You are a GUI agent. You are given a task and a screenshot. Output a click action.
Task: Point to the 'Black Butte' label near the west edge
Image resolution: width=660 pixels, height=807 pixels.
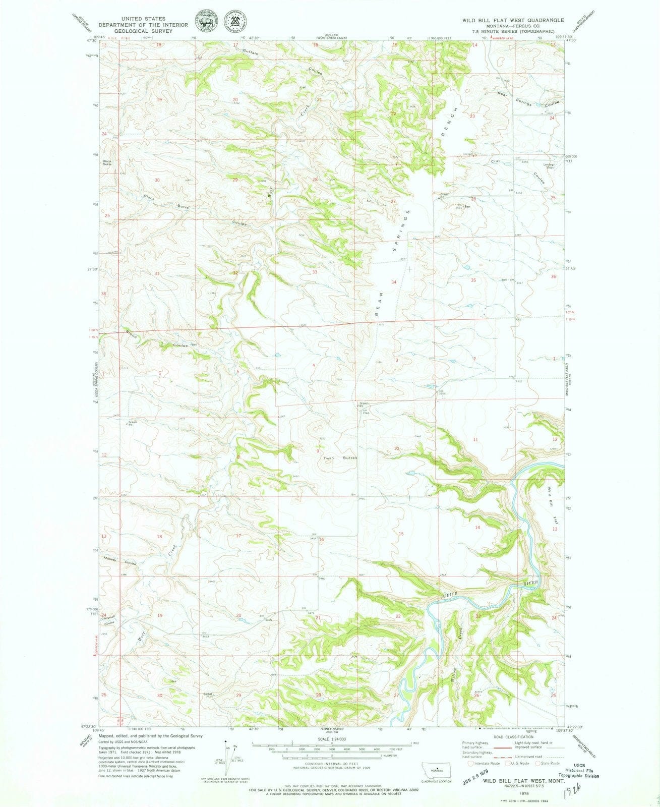[106, 163]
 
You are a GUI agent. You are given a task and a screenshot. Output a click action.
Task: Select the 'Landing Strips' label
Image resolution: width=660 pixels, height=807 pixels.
[549, 165]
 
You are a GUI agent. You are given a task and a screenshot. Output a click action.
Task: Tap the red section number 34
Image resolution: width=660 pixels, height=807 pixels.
[394, 282]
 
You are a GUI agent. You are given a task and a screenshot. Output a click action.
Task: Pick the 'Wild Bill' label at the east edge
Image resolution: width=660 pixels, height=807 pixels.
[551, 496]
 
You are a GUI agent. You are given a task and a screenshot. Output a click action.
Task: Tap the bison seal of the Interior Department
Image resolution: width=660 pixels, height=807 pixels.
[205, 24]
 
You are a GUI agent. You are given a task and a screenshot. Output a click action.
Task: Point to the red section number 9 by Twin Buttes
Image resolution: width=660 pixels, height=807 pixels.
[317, 452]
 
